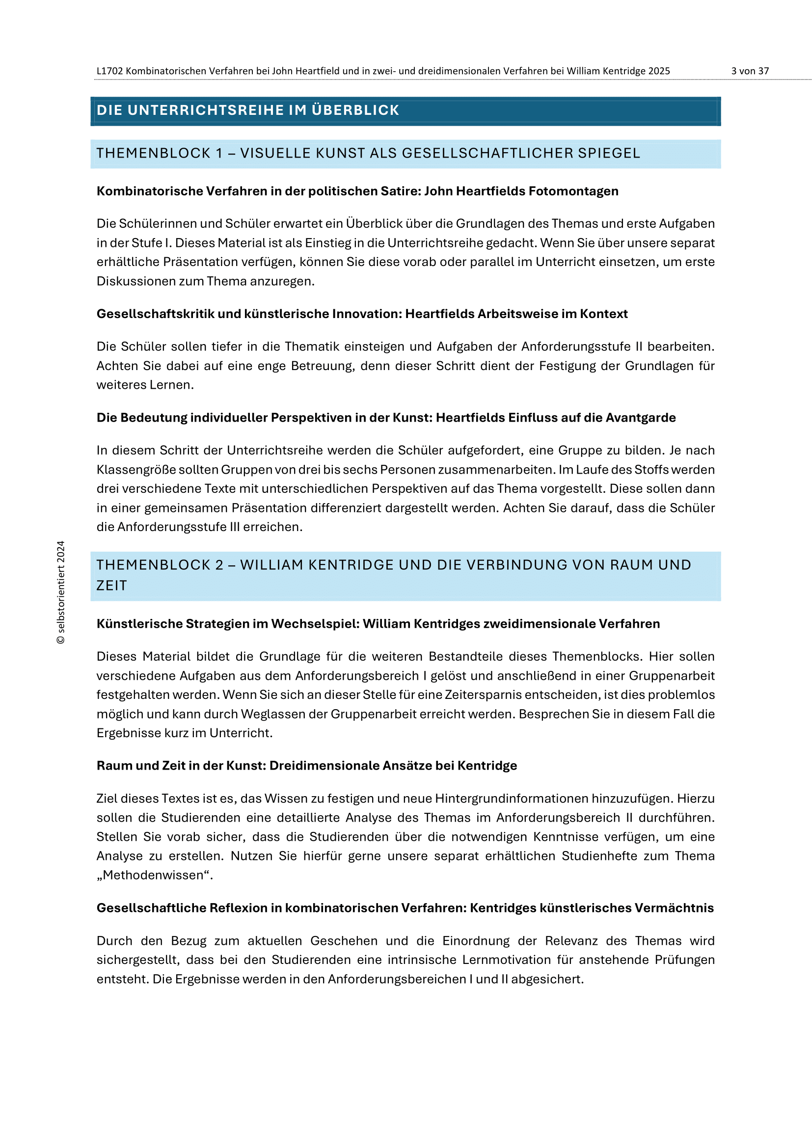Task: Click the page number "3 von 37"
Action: [750, 71]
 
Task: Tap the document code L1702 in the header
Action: [109, 71]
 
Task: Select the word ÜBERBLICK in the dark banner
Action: [355, 110]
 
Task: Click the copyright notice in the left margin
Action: [60, 592]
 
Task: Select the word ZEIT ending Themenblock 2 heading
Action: [111, 586]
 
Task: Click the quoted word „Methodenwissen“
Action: [154, 875]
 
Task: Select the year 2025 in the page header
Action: [659, 71]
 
